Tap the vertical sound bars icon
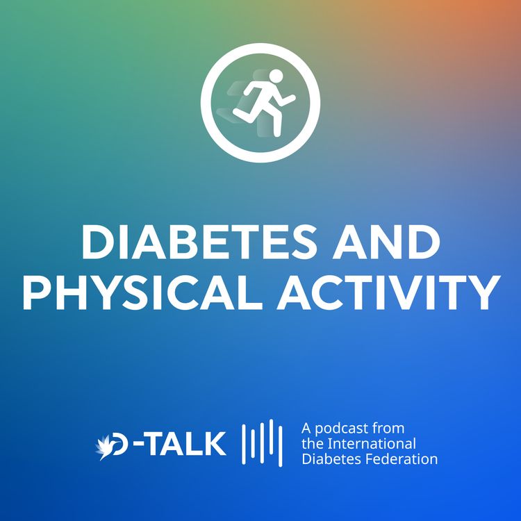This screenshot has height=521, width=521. pos(261,443)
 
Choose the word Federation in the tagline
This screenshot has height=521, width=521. pos(405,458)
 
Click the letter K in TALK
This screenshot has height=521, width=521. pos(215,443)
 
